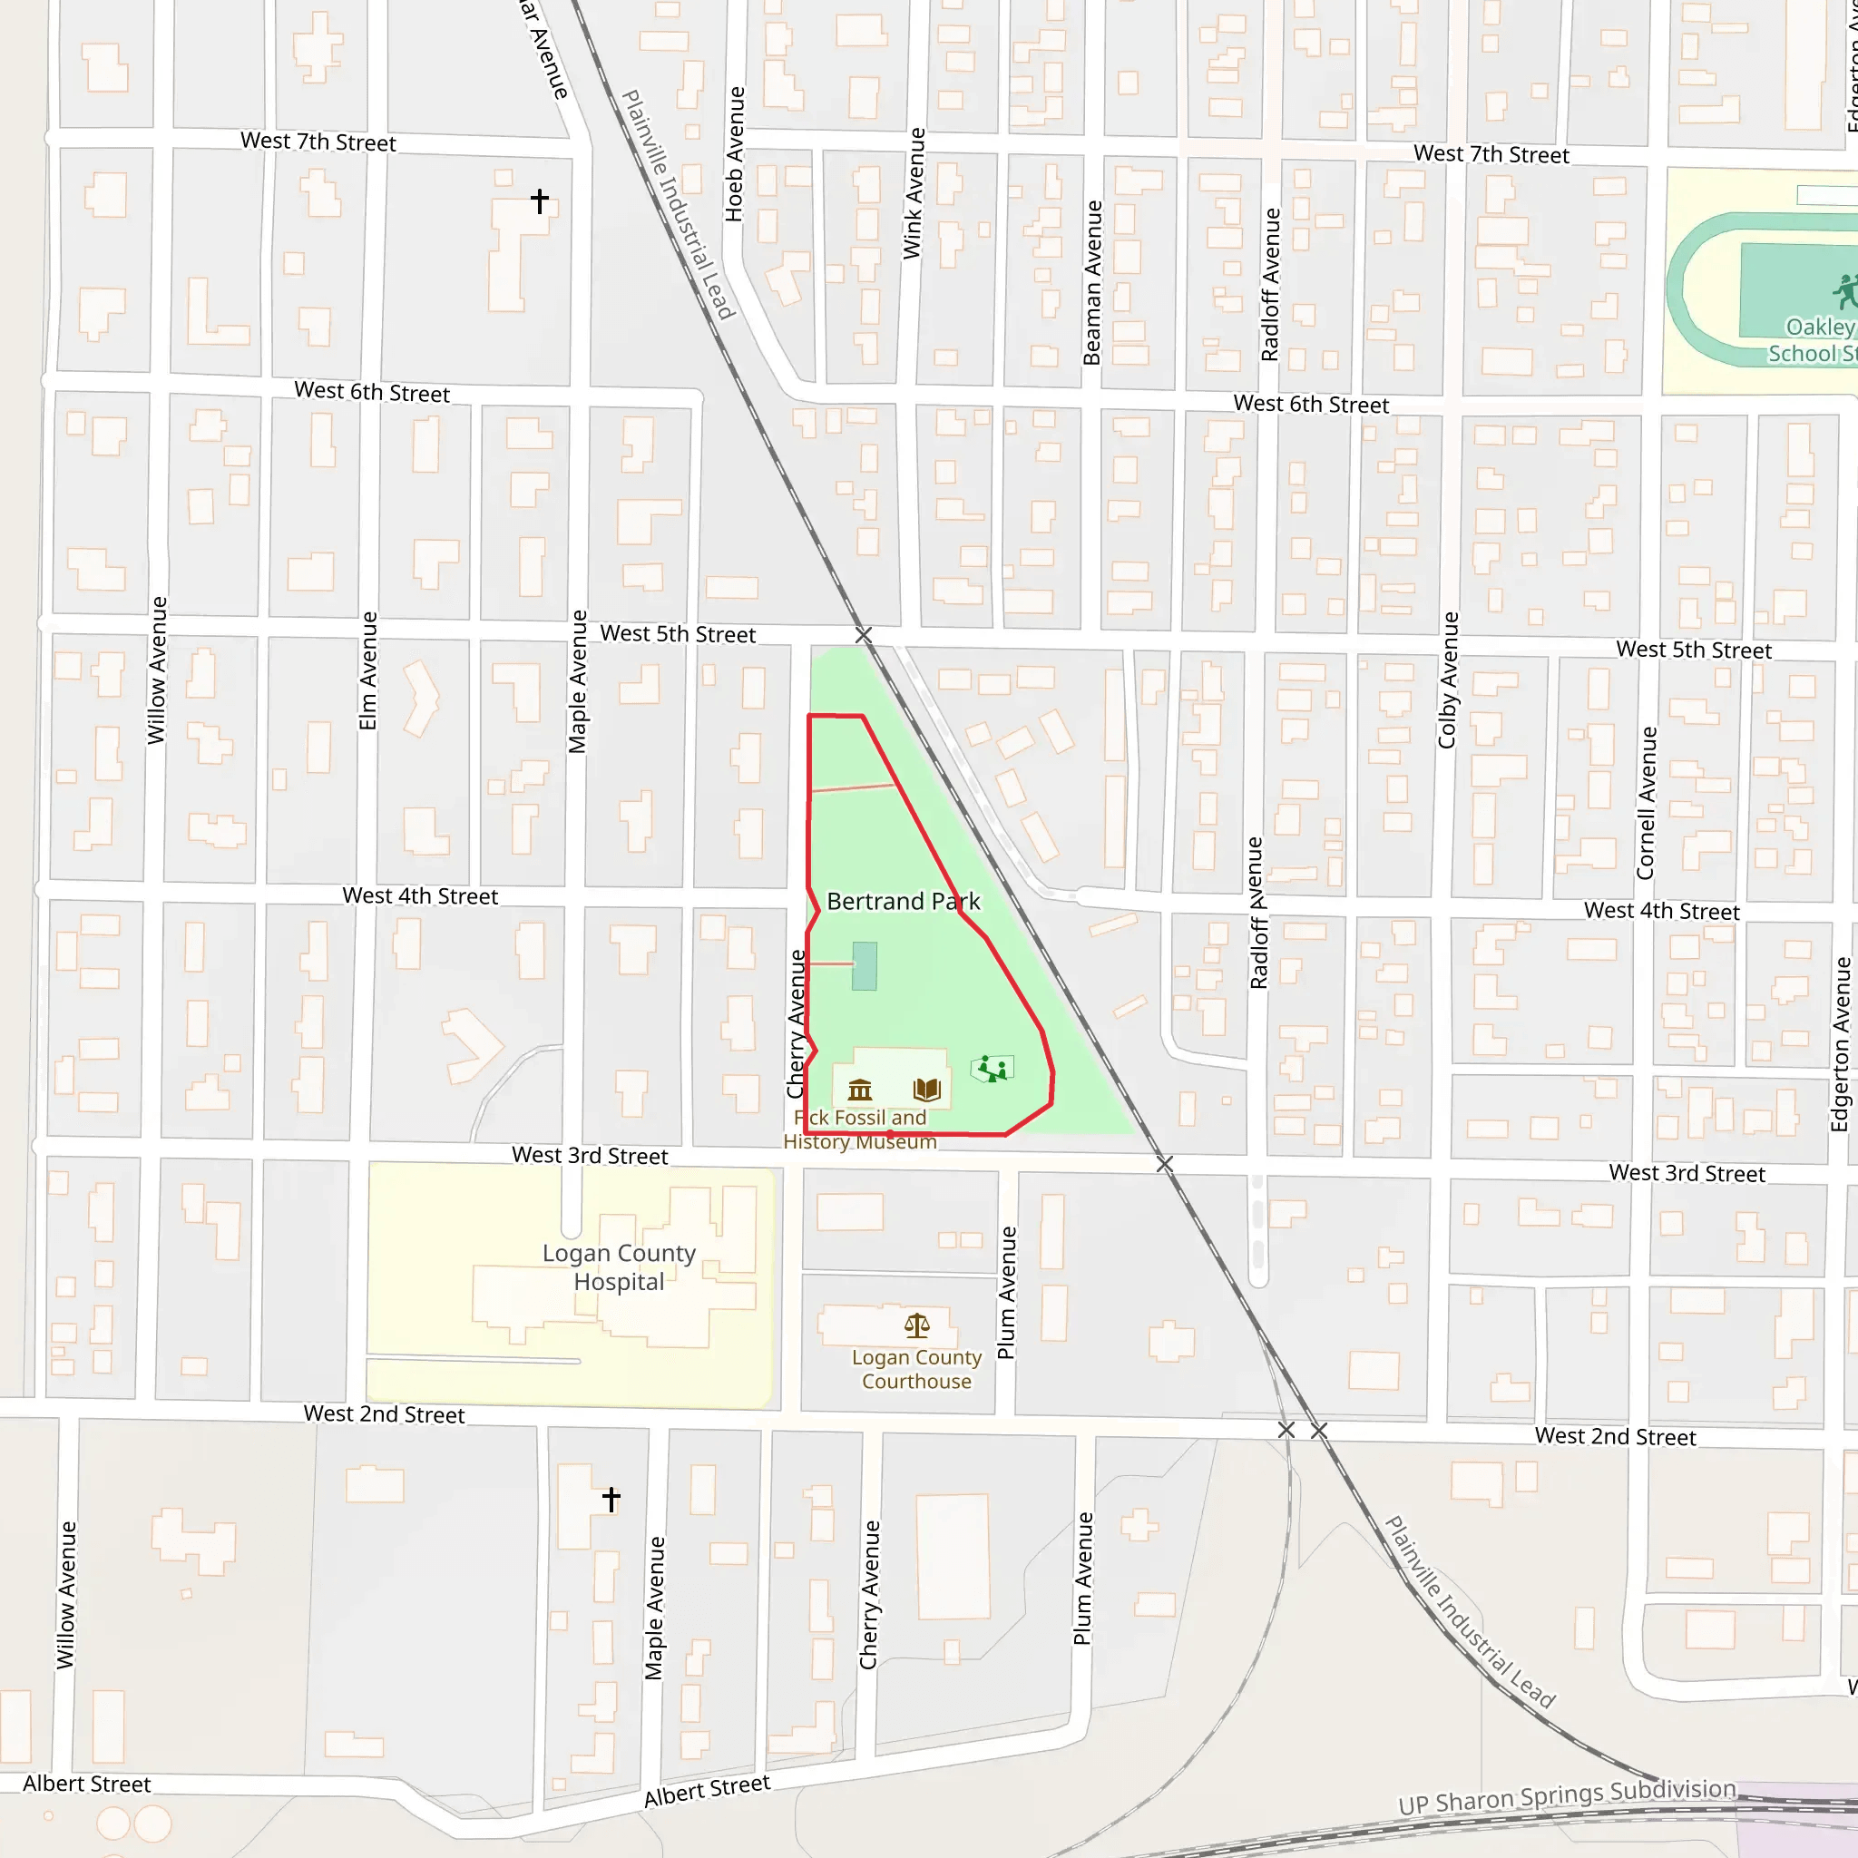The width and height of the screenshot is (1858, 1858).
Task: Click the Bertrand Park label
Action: coord(903,901)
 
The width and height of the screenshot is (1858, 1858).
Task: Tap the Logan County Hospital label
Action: coord(619,1266)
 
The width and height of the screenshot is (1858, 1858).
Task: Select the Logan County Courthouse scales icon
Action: coord(916,1326)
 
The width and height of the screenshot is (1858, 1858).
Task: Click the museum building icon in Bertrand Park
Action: coord(860,1090)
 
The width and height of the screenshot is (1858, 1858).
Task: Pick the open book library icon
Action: coord(926,1089)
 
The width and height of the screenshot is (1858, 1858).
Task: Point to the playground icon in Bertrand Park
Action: coord(992,1069)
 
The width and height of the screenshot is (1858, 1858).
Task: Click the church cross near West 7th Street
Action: coord(540,201)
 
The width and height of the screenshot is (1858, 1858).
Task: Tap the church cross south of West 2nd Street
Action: coord(611,1499)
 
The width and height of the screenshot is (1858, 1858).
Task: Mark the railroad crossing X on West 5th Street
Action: coord(864,635)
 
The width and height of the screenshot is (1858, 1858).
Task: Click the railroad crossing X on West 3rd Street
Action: coord(1165,1165)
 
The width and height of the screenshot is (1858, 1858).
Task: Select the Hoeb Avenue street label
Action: coord(735,154)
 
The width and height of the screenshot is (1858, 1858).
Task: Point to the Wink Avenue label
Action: coord(914,193)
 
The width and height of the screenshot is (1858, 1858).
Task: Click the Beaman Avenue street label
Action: coord(1092,283)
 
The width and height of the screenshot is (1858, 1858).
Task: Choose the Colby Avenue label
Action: coord(1448,680)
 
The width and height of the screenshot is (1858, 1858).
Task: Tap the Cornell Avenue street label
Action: coord(1647,803)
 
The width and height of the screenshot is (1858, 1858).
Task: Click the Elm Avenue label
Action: coord(368,670)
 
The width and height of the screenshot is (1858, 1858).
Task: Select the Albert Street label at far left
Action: coord(86,1784)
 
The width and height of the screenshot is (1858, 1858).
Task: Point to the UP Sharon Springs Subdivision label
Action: coord(1567,1796)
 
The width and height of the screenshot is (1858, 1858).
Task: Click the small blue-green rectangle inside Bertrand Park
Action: coord(864,965)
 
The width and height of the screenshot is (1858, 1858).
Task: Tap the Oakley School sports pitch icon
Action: coord(1843,290)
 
